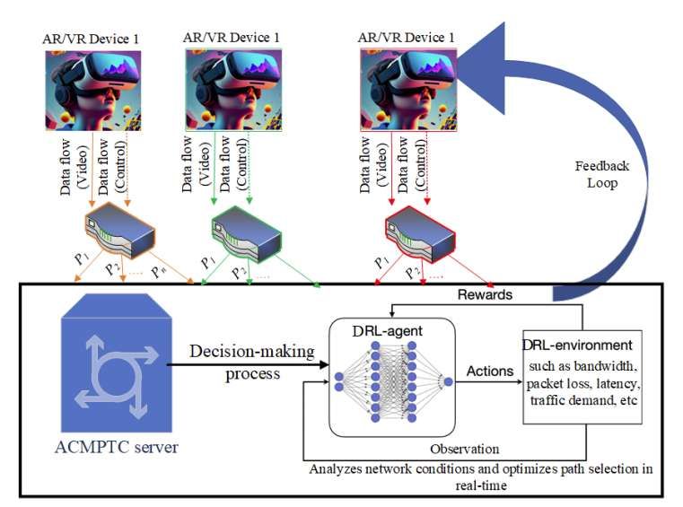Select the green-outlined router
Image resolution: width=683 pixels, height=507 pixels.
[246, 232]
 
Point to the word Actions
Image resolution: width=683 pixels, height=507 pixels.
[491, 370]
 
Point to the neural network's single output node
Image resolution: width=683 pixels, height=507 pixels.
[449, 380]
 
